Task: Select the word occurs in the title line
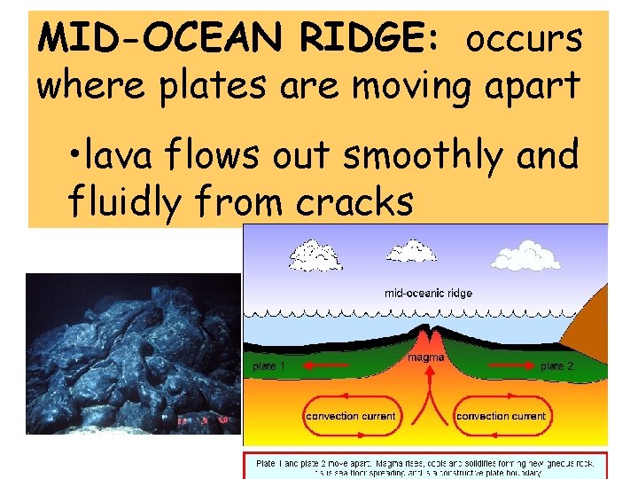point(525,39)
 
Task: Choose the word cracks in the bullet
point(354,202)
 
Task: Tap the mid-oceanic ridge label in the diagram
point(428,293)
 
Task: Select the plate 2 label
point(557,365)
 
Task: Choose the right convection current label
point(501,416)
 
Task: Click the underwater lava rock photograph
point(133,353)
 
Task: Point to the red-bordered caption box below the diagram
point(425,466)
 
